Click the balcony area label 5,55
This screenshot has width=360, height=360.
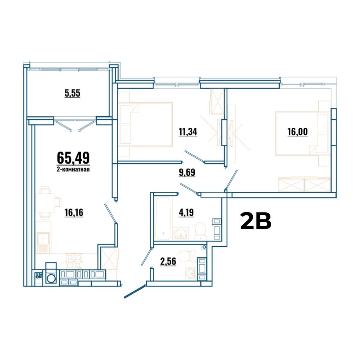(72, 93)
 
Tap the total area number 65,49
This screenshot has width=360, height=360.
(73, 158)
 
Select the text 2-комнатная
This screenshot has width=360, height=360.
(73, 170)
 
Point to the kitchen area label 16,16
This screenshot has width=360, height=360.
(74, 213)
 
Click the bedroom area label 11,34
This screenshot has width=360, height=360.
(188, 132)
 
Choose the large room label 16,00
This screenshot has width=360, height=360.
(297, 132)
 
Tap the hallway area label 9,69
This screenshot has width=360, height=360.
(187, 172)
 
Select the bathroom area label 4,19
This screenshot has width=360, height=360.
(186, 213)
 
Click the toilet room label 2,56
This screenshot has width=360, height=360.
(168, 261)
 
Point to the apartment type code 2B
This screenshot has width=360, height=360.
(256, 221)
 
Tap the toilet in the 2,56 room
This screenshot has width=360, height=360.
(187, 256)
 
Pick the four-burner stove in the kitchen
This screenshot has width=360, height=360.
(74, 261)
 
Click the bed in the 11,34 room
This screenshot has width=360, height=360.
(146, 124)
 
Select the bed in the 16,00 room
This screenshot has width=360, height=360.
(303, 133)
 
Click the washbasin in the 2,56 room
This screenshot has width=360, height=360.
(191, 274)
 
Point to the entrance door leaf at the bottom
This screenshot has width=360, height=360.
(135, 291)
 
